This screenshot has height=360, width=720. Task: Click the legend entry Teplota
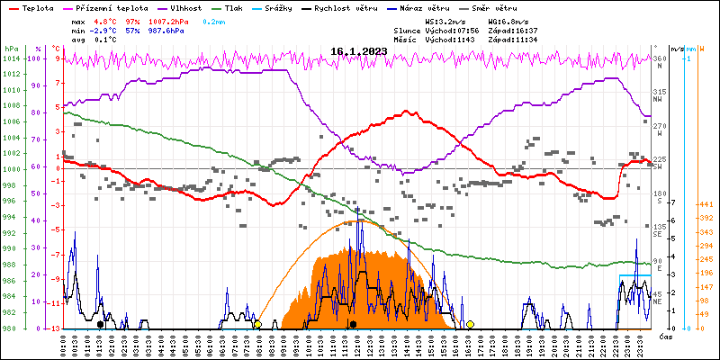pyautogui.click(x=38, y=6)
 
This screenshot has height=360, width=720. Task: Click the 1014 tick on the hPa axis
pyautogui.click(x=10, y=58)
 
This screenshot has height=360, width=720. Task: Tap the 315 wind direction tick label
pyautogui.click(x=659, y=92)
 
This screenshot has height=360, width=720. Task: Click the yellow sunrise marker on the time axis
pyautogui.click(x=257, y=324)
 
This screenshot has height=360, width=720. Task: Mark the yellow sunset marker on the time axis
pyautogui.click(x=470, y=324)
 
